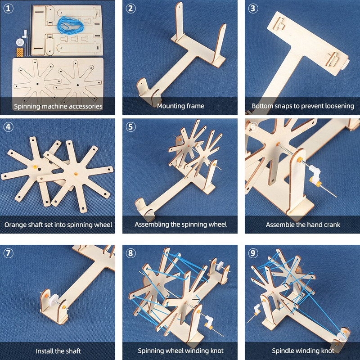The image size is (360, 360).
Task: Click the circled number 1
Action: (8, 9)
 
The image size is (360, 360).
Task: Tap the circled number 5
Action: (130, 127)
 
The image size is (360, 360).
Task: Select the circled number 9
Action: (253, 253)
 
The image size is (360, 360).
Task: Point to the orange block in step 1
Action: (20, 52)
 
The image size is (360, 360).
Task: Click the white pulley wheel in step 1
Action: (20, 42)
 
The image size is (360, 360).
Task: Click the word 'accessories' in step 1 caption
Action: (85, 106)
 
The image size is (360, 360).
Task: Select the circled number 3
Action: (253, 9)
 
